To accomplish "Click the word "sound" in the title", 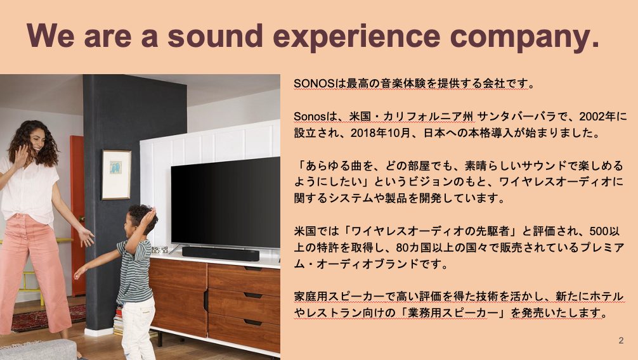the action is (215, 35).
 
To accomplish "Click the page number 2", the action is (621, 340).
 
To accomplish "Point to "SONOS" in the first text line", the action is (314, 84).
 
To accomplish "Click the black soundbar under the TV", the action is (221, 254).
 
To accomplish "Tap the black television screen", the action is (225, 203).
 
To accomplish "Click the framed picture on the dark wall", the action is (116, 174).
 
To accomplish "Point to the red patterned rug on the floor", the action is (49, 318).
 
